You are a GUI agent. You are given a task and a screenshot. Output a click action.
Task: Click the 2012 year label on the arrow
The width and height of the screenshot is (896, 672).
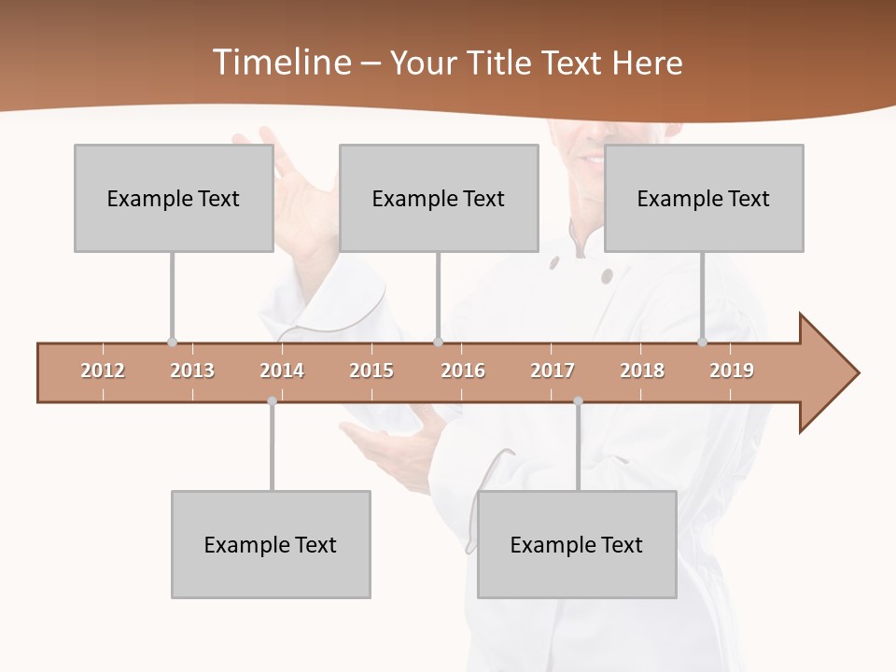[103, 371]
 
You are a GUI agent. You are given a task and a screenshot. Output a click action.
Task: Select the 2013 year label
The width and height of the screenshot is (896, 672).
[192, 371]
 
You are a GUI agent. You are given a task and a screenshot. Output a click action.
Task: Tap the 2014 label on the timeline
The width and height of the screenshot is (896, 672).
[282, 371]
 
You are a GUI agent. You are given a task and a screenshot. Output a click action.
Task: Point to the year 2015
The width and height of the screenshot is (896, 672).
[371, 371]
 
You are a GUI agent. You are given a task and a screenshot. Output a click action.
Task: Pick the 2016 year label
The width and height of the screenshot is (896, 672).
[463, 371]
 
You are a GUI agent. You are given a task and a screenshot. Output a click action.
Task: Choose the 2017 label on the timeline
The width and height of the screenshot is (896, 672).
[553, 371]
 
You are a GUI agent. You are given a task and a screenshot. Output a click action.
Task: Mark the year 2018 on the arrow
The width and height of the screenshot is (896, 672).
[642, 371]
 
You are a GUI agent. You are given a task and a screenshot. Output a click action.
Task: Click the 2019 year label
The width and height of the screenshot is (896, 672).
[732, 371]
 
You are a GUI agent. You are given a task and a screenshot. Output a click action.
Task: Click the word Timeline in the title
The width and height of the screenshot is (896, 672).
[281, 63]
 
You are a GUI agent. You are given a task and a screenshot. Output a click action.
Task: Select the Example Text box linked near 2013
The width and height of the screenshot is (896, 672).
[174, 198]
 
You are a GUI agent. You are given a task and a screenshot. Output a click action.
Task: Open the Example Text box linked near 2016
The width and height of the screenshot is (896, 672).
[439, 198]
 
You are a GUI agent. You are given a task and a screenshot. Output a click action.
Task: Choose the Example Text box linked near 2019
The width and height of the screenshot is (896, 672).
[704, 198]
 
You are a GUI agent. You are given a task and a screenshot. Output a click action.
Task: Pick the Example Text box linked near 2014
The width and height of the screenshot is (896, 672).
[271, 544]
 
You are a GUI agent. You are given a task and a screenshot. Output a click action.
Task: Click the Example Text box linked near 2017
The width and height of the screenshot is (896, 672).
[577, 544]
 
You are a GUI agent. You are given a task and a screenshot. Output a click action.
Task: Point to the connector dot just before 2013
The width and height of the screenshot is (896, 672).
[172, 343]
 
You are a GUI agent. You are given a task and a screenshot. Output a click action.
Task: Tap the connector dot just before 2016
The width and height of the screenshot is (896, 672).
[438, 343]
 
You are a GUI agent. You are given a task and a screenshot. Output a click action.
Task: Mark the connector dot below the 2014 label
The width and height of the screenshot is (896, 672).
[272, 401]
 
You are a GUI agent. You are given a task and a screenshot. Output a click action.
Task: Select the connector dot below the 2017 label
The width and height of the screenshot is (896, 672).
[578, 401]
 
